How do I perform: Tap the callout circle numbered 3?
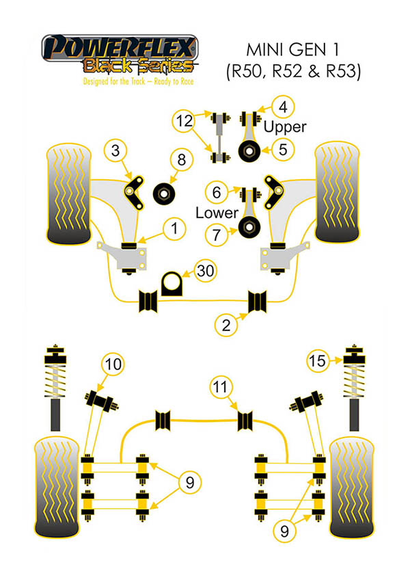pos(116,150)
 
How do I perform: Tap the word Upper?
pos(285,127)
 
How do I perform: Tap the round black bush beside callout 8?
pos(164,192)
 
